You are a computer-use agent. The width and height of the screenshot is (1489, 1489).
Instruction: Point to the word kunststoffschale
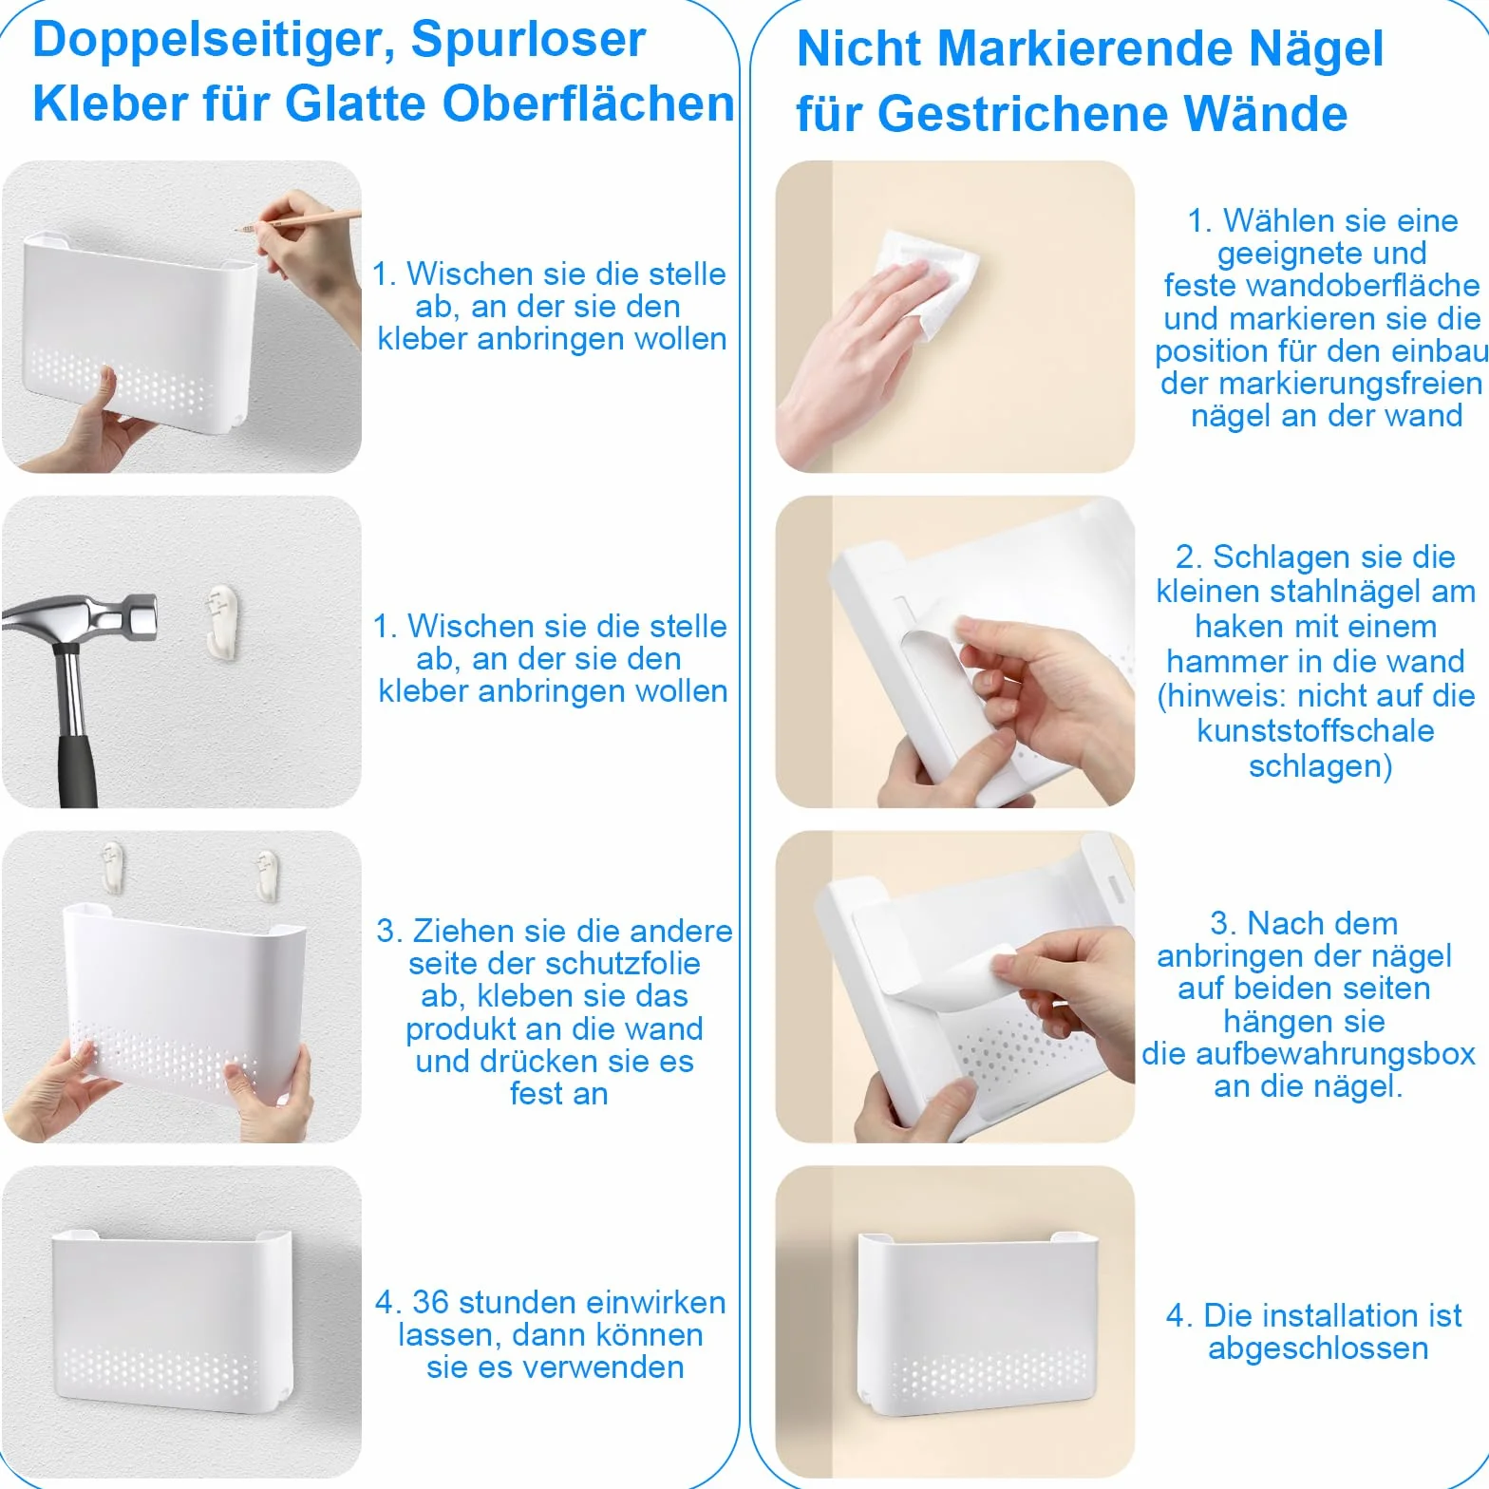click(x=1316, y=731)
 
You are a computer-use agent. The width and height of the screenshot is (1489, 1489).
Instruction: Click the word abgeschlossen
click(x=1318, y=1349)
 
